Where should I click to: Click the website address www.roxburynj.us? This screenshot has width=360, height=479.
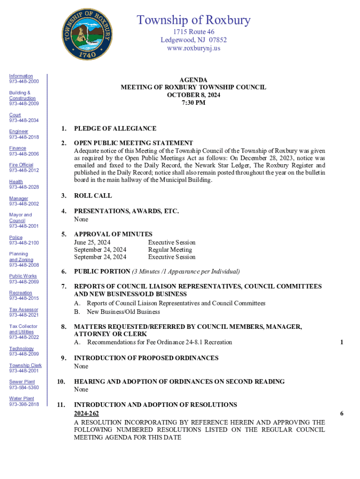point(194,48)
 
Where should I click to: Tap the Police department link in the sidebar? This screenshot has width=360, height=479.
point(16,238)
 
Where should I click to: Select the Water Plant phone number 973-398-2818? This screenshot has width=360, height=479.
point(24,404)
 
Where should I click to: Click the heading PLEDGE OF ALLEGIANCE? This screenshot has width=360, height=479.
point(115,129)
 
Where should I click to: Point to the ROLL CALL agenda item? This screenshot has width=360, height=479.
point(93,196)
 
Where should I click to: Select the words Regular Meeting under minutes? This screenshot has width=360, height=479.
point(170,250)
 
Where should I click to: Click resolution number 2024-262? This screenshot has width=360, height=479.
point(86,414)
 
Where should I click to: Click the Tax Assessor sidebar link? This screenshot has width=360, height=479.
point(24,310)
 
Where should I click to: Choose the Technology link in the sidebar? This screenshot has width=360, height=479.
point(22,348)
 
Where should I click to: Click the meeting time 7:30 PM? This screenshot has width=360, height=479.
point(194,102)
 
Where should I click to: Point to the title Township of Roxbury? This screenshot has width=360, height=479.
point(194,20)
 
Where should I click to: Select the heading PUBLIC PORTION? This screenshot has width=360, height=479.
point(102,271)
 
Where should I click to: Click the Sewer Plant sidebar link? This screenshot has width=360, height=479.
point(22,382)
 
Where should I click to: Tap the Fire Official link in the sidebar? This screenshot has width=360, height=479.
point(21,165)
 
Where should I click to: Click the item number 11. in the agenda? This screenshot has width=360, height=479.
point(61,405)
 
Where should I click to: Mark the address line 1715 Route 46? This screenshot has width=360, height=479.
point(194,32)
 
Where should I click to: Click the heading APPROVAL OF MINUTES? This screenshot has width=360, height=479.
point(113,234)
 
